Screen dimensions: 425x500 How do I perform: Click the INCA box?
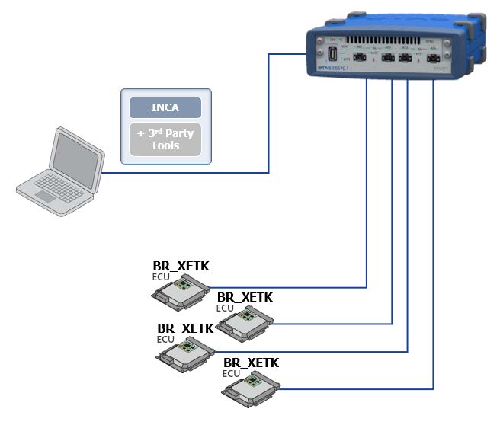pyautogui.click(x=165, y=107)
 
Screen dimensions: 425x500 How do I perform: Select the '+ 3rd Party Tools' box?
pyautogui.click(x=165, y=139)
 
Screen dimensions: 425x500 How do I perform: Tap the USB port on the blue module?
pyautogui.click(x=333, y=55)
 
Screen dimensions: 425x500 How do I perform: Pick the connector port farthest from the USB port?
pyautogui.click(x=433, y=59)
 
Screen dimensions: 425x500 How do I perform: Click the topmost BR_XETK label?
pyautogui.click(x=181, y=266)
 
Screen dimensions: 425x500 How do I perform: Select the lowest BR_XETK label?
pyautogui.click(x=251, y=363)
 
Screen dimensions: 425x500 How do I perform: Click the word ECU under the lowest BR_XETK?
pyautogui.click(x=231, y=373)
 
